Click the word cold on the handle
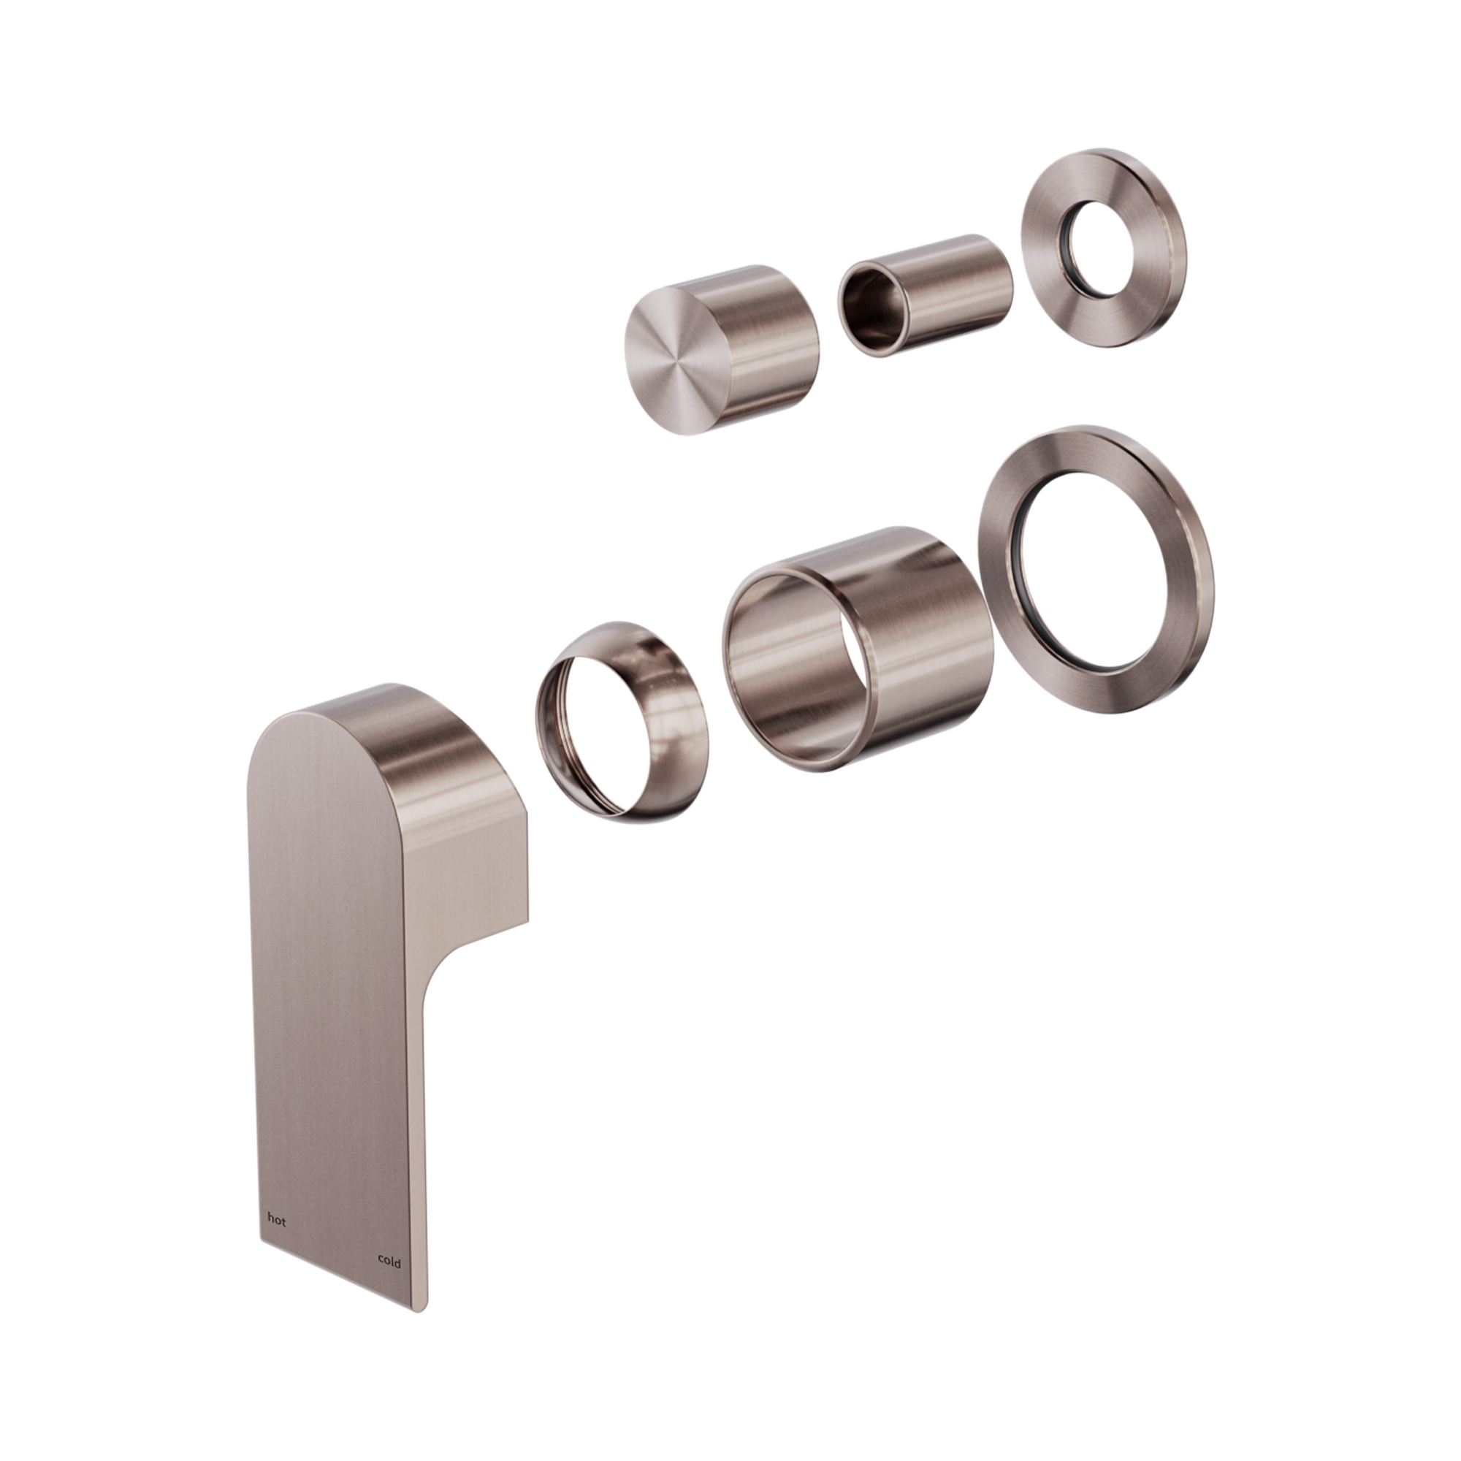click(389, 1262)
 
